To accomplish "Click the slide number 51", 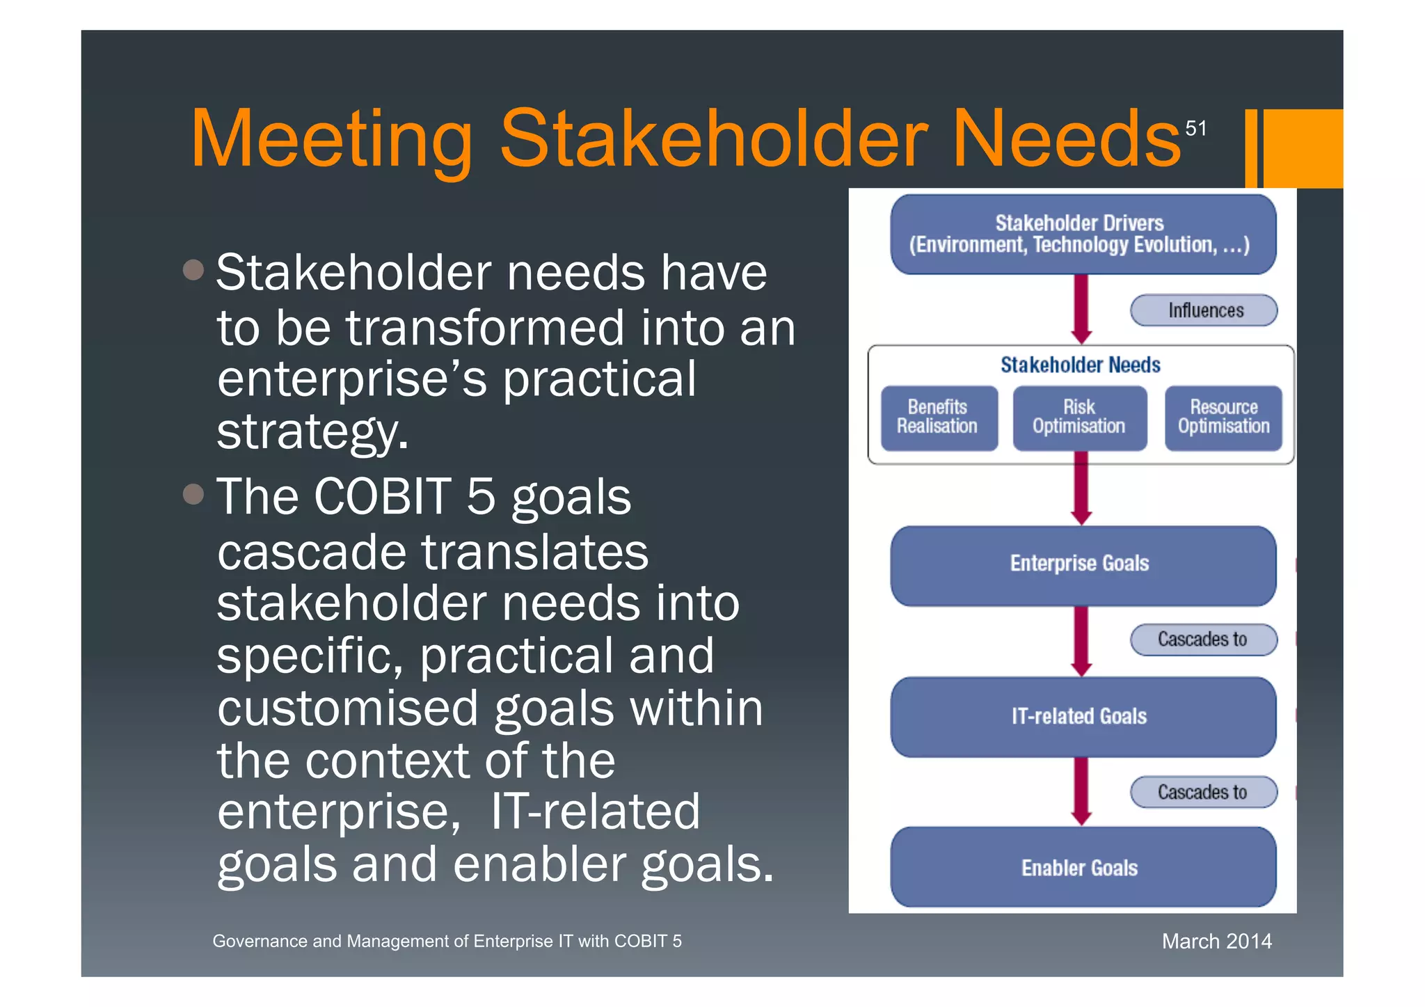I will [x=1195, y=128].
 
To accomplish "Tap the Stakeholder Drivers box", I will [x=1082, y=235].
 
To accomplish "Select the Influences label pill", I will [x=1204, y=310].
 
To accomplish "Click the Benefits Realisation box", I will [x=938, y=418].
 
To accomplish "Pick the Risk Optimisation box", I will [x=1079, y=418].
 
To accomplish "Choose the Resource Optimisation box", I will [x=1223, y=418].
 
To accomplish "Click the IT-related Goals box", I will [x=1082, y=717].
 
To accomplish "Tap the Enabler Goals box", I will [x=1082, y=867].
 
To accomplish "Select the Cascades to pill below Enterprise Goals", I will [x=1204, y=640].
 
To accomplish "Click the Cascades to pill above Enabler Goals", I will [x=1204, y=792].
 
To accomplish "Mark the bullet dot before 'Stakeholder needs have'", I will [x=193, y=270].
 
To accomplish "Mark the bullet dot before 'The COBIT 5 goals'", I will [x=193, y=494].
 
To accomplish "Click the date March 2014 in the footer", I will [x=1216, y=941].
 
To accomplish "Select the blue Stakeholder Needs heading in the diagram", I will [x=1080, y=365].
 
